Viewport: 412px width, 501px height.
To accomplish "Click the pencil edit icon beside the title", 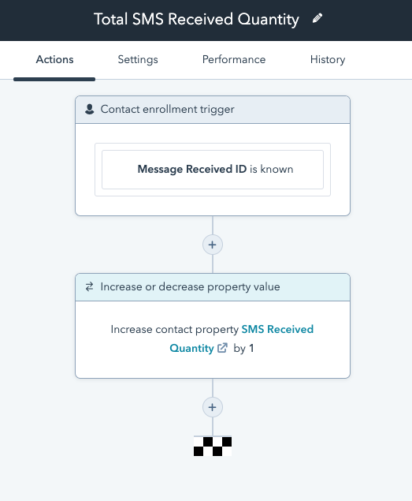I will point(317,18).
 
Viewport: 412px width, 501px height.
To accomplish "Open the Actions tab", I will point(54,60).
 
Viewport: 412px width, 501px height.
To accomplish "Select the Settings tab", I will point(138,60).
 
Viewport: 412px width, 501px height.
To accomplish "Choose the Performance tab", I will point(234,60).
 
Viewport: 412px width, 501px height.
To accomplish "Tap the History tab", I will point(327,60).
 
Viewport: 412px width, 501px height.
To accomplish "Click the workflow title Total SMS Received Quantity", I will point(196,20).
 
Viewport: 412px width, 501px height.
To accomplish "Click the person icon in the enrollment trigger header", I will point(89,109).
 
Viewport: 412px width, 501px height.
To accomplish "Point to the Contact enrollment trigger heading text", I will point(167,109).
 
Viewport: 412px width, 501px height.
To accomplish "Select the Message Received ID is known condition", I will point(213,169).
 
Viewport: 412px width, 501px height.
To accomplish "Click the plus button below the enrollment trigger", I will point(212,245).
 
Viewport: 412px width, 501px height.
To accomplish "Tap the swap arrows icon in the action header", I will point(89,287).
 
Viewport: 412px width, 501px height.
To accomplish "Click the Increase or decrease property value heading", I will point(190,287).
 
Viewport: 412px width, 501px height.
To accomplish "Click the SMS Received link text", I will point(277,330).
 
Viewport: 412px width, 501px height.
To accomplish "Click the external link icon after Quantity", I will point(223,348).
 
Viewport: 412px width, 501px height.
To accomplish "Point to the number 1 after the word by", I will point(251,347).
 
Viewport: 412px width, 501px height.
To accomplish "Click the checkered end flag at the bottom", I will point(213,447).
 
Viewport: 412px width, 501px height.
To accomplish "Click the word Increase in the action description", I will point(131,330).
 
